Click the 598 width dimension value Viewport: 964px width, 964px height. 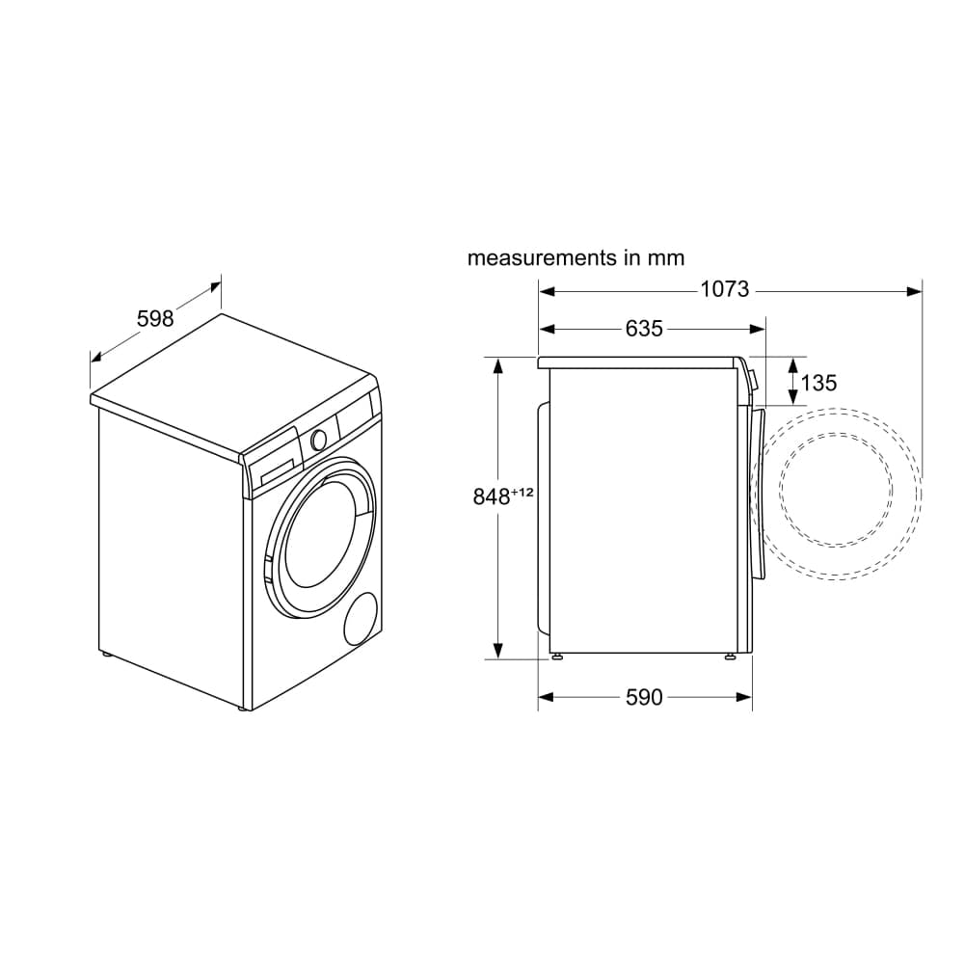pos(154,318)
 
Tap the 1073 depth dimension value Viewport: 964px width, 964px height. pos(724,289)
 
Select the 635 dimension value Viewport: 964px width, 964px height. pos(644,329)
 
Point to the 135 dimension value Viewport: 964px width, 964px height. pos(818,383)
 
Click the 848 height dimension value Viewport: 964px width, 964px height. pos(491,497)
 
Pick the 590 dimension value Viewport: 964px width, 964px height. pos(644,697)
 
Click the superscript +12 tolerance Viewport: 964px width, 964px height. pos(522,493)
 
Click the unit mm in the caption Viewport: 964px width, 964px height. pos(666,258)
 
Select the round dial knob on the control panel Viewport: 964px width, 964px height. pos(317,439)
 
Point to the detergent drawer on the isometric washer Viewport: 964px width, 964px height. pos(274,468)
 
